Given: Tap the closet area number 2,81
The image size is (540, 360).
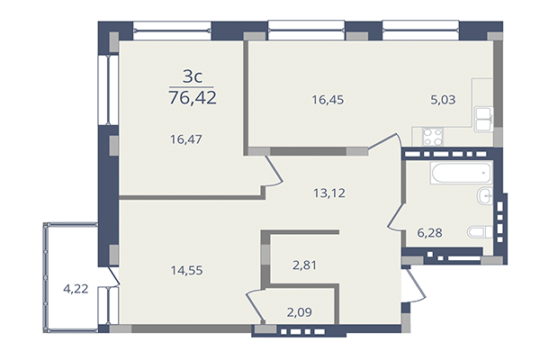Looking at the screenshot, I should click(305, 265).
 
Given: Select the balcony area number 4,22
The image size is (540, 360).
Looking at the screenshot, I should click(76, 289).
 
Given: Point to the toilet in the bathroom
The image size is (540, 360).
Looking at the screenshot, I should click(476, 232).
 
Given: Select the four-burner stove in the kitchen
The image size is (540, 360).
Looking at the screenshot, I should click(432, 138).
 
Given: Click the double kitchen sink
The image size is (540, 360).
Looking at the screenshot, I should click(483, 116).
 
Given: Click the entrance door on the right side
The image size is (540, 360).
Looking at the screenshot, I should click(410, 288).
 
